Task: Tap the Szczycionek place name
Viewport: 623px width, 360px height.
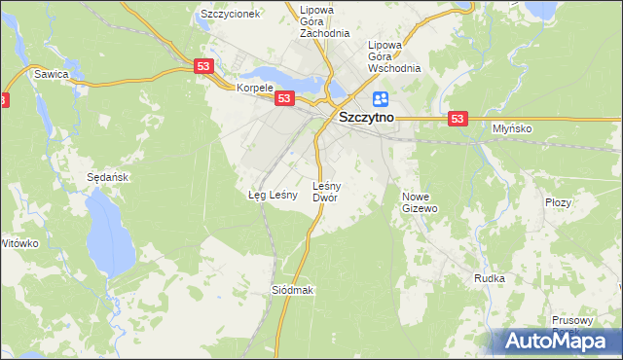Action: tap(230, 15)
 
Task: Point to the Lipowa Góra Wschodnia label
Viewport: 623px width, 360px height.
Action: tap(393, 56)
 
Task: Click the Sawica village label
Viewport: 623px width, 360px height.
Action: tap(51, 73)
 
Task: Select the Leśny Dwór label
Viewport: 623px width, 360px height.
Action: tap(325, 191)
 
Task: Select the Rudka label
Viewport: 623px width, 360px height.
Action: tap(489, 278)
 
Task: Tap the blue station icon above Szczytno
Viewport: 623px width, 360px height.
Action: tap(380, 98)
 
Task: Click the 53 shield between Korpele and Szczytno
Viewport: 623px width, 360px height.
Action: tap(284, 98)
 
